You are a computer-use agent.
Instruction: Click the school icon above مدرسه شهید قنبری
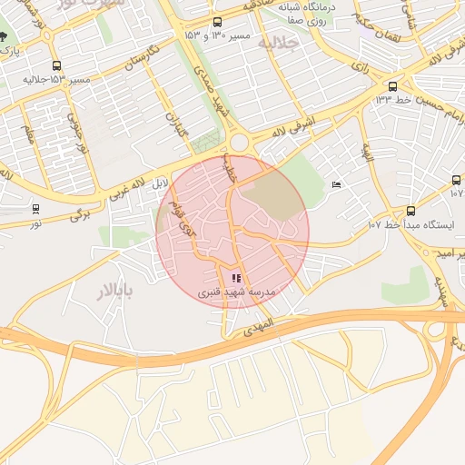coord(236,278)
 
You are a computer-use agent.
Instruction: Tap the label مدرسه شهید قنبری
coord(236,294)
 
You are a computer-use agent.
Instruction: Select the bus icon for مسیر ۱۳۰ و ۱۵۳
coord(216,22)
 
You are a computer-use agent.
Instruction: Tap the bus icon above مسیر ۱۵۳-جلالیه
coord(57,65)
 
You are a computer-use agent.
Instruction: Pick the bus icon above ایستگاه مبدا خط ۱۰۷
coord(456,181)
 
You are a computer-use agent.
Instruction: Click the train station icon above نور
coord(35,208)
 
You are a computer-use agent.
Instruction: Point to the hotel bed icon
coord(337,185)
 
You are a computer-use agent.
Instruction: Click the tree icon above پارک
coord(6,38)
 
